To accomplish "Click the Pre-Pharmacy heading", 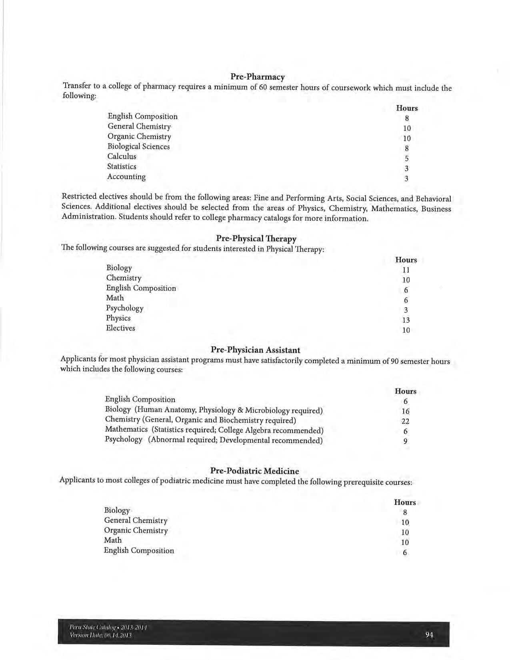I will point(257,77).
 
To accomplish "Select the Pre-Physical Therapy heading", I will point(256,239).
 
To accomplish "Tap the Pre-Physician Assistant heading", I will point(255,350).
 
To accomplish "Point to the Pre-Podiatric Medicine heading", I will point(254,471).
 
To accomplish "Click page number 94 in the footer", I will point(430,634).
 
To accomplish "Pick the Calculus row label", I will point(122,157).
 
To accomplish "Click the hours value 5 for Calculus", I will point(406,159).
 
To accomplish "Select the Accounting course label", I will point(126,177).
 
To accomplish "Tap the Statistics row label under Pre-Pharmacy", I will point(122,167).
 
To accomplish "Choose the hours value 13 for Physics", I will point(406,320).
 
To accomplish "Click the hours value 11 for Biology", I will point(406,270).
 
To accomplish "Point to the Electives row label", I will point(120,328).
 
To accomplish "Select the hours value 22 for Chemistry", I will point(405,421).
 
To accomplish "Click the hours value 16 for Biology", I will point(405,411).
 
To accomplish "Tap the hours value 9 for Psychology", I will point(405,441).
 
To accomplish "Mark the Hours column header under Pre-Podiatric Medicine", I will point(405,502).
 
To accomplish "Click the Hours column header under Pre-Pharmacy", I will point(407,108).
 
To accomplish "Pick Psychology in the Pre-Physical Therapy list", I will point(124,308).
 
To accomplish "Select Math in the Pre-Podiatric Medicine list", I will point(113,540).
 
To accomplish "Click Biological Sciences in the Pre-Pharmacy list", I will point(138,147).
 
